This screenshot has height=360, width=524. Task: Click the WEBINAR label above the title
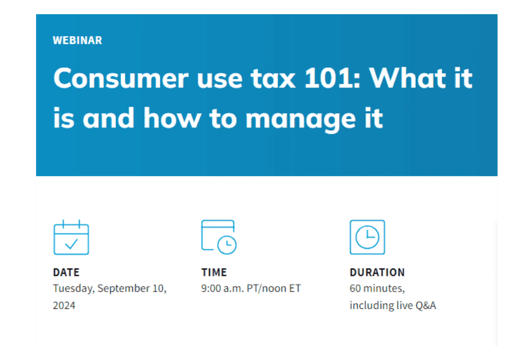click(x=78, y=40)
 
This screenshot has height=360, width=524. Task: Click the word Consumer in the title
click(x=121, y=78)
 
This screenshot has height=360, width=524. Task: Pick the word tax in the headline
click(x=273, y=79)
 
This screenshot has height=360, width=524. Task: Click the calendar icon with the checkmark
click(x=71, y=237)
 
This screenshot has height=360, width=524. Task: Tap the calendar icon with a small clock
click(x=219, y=237)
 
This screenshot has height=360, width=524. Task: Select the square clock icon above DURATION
click(x=367, y=237)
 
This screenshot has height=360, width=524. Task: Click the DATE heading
click(x=66, y=272)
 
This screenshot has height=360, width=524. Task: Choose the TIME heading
click(x=214, y=272)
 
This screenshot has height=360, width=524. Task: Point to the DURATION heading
click(x=377, y=272)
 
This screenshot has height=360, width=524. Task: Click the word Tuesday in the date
click(x=74, y=288)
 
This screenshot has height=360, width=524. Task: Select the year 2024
click(x=64, y=305)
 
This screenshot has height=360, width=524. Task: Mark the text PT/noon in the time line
click(x=266, y=288)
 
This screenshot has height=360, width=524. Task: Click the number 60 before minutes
click(x=355, y=288)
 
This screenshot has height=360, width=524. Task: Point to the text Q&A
click(x=426, y=305)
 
